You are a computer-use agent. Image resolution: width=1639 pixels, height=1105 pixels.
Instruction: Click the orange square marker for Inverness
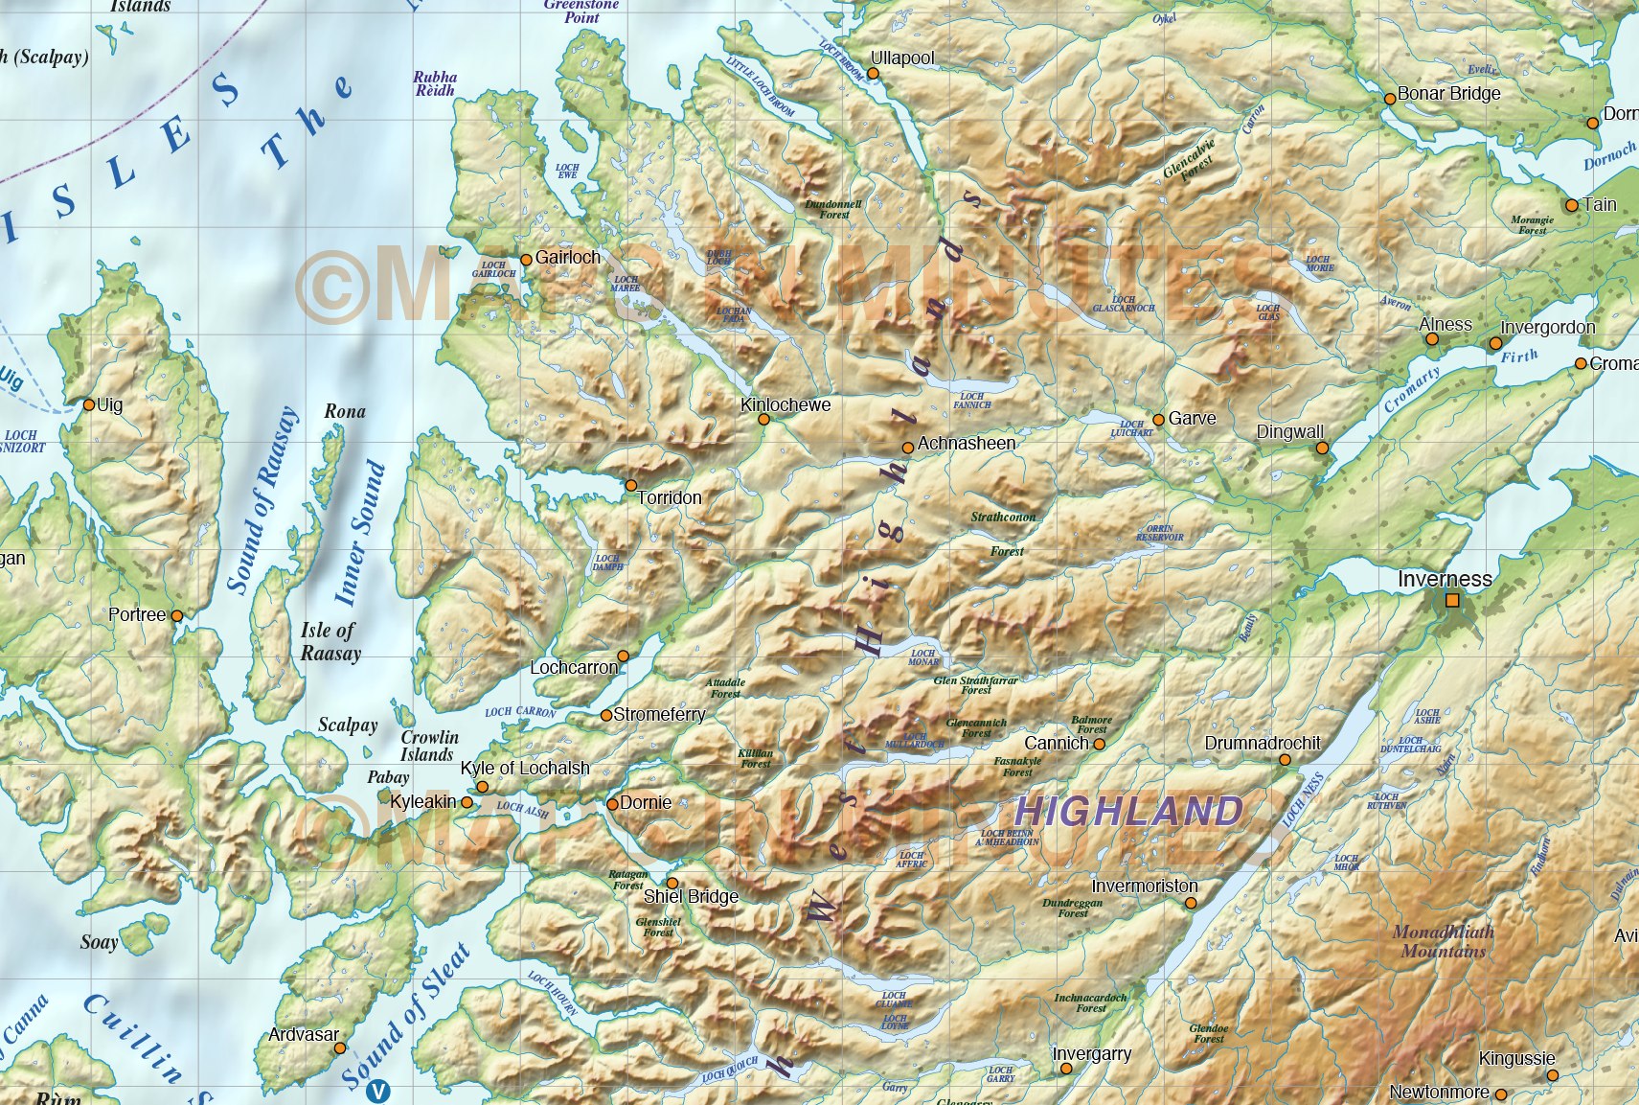1452,600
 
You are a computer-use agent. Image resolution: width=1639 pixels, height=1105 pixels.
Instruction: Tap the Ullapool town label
901,58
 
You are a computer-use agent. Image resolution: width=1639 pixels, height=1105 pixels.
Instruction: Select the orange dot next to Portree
176,616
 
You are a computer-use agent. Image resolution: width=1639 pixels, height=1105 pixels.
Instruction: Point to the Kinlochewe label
785,404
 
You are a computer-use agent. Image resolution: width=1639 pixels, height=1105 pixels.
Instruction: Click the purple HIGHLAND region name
1127,812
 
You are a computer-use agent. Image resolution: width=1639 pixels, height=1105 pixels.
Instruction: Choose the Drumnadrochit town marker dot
1285,760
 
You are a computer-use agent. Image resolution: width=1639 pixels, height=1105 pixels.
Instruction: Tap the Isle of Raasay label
330,642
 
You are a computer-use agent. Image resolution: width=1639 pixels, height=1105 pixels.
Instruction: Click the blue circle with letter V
379,1091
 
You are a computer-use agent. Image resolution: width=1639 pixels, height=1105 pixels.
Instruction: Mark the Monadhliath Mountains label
1443,941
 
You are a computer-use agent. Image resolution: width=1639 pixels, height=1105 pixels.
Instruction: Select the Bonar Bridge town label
1448,93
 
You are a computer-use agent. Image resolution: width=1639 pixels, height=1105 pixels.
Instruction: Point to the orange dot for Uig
89,404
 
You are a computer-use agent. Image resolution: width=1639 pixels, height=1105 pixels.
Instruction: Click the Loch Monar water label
922,656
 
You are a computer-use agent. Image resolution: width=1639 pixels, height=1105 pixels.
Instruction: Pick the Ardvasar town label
303,1034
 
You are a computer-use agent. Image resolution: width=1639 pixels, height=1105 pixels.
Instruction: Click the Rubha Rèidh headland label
435,83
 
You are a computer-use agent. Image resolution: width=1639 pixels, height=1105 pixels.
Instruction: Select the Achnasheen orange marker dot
907,448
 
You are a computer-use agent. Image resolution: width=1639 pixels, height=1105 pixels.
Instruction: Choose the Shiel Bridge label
691,896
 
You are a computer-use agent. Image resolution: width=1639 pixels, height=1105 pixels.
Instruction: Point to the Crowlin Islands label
428,746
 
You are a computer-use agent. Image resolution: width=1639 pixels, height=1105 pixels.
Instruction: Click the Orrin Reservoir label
1159,533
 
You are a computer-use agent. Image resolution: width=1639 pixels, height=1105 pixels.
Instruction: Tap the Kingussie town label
1516,1058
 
